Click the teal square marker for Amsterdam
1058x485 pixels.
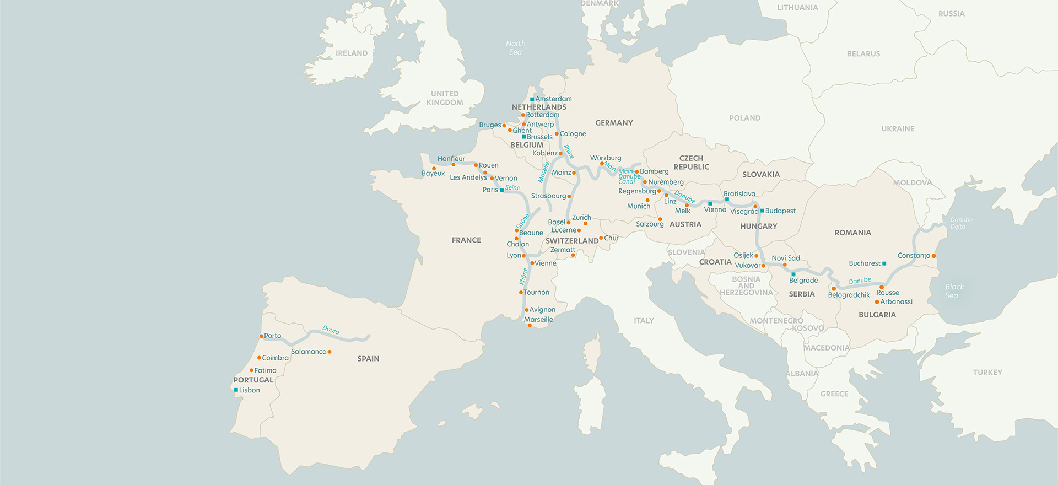pyautogui.click(x=532, y=99)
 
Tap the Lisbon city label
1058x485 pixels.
pyautogui.click(x=249, y=390)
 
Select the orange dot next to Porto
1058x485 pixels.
pyautogui.click(x=261, y=336)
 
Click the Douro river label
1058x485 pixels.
pyautogui.click(x=331, y=330)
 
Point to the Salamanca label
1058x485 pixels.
pyautogui.click(x=309, y=352)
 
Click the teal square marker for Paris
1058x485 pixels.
pyautogui.click(x=501, y=191)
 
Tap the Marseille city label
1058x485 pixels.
pyautogui.click(x=538, y=320)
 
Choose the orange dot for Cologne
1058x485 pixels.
pyautogui.click(x=557, y=134)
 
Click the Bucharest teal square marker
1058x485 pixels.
pyautogui.click(x=884, y=263)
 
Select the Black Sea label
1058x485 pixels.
pyautogui.click(x=954, y=291)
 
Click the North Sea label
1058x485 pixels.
pyautogui.click(x=515, y=48)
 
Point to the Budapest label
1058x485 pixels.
pyautogui.click(x=780, y=211)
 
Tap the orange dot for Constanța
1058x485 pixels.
pyautogui.click(x=933, y=256)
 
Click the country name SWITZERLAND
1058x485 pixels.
pyautogui.click(x=572, y=241)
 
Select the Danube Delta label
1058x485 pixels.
pyautogui.click(x=961, y=223)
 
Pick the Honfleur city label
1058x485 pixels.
pyautogui.click(x=451, y=159)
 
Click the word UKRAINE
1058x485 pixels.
pyautogui.click(x=898, y=128)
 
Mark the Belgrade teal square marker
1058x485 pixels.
pyautogui.click(x=793, y=274)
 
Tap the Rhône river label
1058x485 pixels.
pyautogui.click(x=523, y=276)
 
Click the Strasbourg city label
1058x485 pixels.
pyautogui.click(x=548, y=196)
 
